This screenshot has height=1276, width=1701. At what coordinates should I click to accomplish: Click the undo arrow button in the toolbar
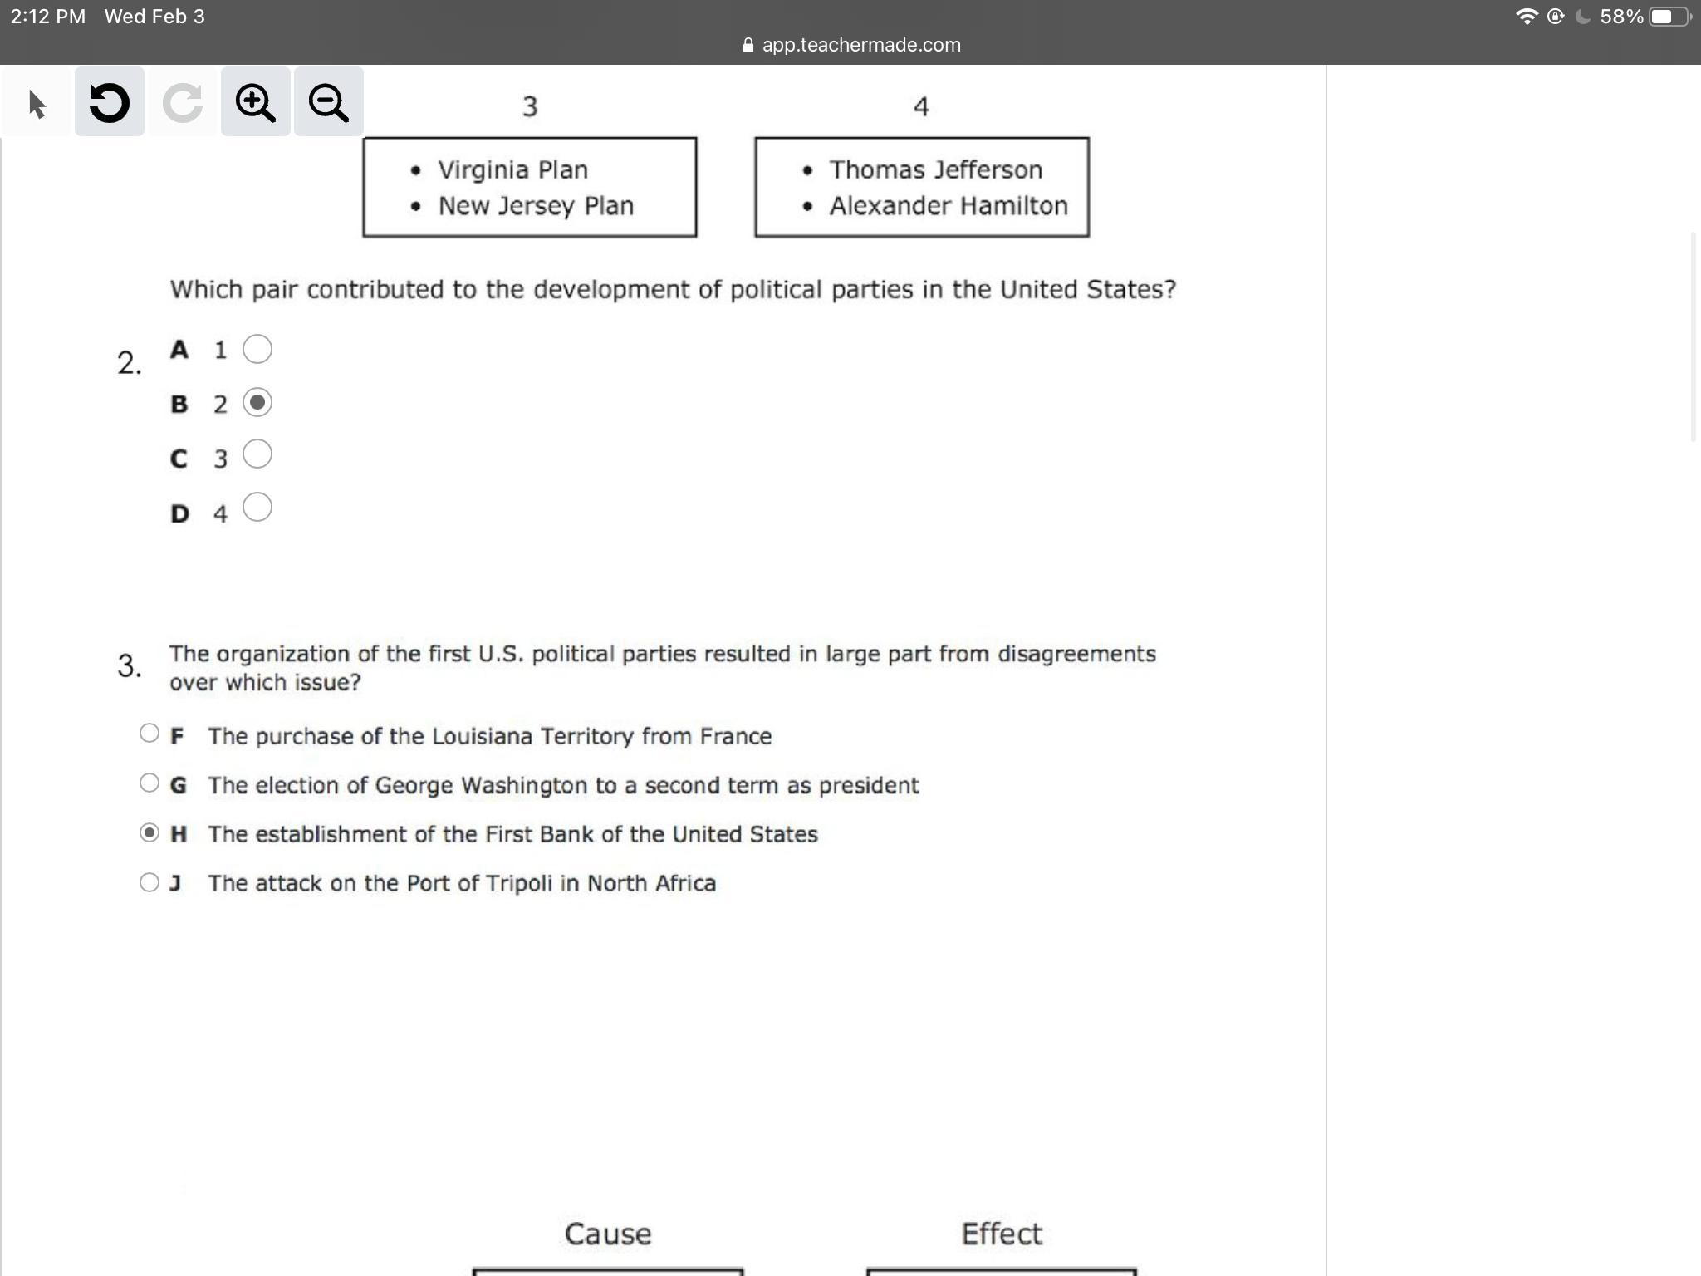pos(110,102)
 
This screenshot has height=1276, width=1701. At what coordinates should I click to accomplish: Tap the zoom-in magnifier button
pos(255,102)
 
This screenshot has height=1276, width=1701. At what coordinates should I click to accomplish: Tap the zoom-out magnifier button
pos(328,102)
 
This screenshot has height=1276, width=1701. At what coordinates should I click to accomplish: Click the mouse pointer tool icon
pos(37,104)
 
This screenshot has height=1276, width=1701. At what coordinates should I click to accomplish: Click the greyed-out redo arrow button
pos(183,102)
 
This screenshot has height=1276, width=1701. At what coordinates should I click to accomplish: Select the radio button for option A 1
pos(257,349)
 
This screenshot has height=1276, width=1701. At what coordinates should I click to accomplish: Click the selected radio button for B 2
pos(257,402)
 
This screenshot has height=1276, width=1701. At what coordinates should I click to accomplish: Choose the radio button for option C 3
pos(257,454)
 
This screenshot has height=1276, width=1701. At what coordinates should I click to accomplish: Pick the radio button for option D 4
pos(257,507)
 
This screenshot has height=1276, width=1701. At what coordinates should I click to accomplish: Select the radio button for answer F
pos(150,733)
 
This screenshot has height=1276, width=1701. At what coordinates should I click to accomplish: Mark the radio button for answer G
pos(150,783)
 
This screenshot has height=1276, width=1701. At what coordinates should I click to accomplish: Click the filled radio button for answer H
pos(150,832)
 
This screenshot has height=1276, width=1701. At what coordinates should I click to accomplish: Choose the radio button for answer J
pos(150,882)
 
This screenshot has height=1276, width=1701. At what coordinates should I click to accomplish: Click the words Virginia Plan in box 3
pos(513,170)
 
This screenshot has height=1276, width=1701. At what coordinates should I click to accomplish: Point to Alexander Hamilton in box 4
pos(949,205)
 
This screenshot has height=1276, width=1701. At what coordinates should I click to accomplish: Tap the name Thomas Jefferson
pos(936,169)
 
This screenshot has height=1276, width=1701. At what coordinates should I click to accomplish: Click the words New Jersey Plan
pos(536,206)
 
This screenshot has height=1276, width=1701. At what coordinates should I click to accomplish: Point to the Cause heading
pos(608,1234)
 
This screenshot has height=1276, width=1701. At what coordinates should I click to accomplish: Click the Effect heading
pos(1002,1234)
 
